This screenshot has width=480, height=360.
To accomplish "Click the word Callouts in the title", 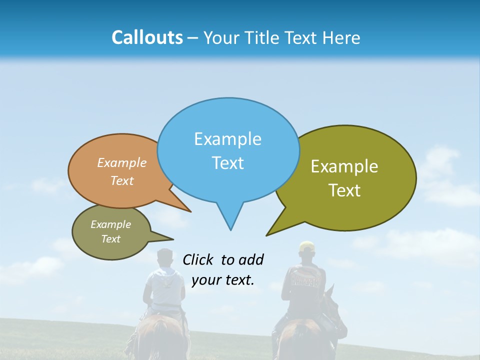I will pyautogui.click(x=147, y=37).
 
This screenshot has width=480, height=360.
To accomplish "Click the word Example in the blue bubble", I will pyautogui.click(x=227, y=139).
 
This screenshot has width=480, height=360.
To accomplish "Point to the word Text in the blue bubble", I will pyautogui.click(x=227, y=163).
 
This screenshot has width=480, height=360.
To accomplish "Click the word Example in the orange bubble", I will pyautogui.click(x=122, y=163).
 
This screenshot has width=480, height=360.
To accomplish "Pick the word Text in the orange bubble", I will pyautogui.click(x=122, y=180).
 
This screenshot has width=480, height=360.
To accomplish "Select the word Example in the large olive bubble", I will pyautogui.click(x=344, y=166).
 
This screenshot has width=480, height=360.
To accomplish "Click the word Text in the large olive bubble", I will pyautogui.click(x=345, y=190).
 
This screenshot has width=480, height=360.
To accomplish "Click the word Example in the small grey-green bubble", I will pyautogui.click(x=110, y=224).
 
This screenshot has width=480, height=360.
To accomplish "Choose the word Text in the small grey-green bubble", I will pyautogui.click(x=110, y=239).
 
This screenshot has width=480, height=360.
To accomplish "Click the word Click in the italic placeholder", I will pyautogui.click(x=199, y=259).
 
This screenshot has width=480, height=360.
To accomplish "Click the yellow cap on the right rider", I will pyautogui.click(x=306, y=246).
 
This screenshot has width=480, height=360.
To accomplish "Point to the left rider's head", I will pyautogui.click(x=164, y=258).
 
